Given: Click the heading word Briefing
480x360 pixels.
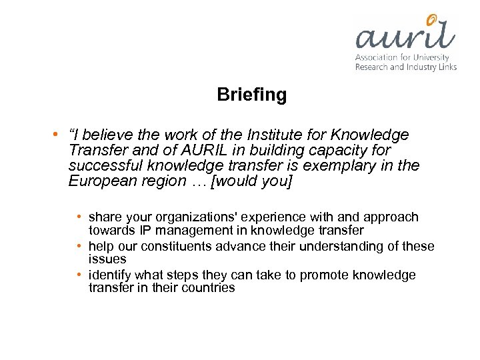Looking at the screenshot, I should coord(252,95).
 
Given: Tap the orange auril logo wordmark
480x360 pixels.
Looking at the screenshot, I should coord(405,33).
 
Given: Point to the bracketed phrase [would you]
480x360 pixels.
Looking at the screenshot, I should coord(251,181).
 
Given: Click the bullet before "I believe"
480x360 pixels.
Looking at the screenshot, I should coord(53,135).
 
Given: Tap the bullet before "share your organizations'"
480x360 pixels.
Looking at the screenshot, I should coord(79,217).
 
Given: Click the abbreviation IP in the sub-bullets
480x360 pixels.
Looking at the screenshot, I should coord(145,230).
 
